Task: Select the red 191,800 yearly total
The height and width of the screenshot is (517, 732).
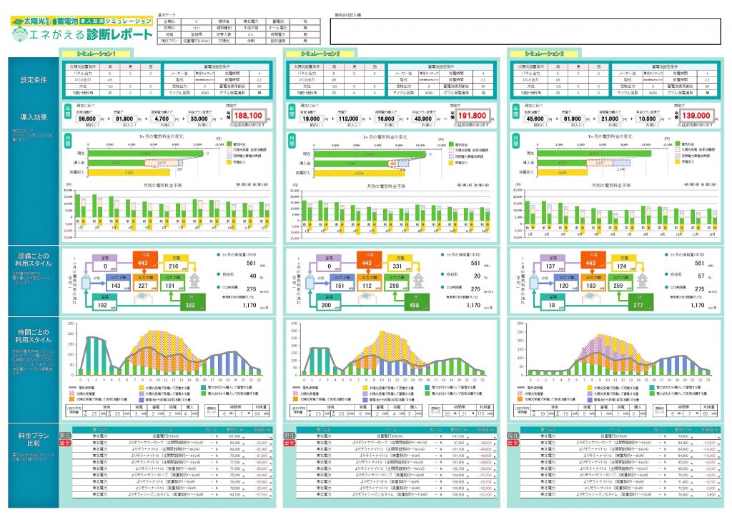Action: [x=472, y=115]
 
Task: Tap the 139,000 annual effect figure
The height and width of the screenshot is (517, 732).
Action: [x=695, y=115]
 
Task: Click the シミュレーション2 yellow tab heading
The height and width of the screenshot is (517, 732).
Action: [x=320, y=54]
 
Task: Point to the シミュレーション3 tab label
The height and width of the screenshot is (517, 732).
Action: [x=543, y=54]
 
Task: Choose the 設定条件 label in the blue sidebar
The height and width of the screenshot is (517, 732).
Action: [x=34, y=80]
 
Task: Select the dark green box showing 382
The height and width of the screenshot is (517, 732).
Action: [x=189, y=303]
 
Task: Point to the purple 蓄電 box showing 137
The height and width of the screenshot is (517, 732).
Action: [x=551, y=266]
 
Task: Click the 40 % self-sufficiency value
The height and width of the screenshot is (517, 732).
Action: [x=252, y=276]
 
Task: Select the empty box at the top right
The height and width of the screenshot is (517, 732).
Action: [x=528, y=31]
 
